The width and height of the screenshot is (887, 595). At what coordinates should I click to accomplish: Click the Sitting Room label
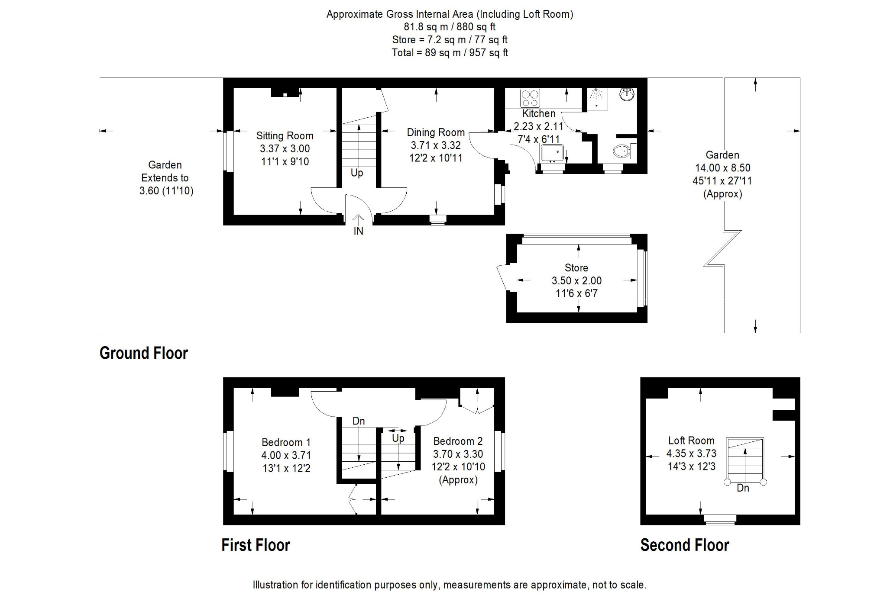[285, 135]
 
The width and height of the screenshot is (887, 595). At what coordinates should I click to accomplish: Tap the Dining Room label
[436, 132]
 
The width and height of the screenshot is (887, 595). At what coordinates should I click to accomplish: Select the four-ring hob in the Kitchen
[530, 98]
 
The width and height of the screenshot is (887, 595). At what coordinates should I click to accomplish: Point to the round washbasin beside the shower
[627, 94]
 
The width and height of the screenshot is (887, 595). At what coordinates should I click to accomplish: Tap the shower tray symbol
[597, 99]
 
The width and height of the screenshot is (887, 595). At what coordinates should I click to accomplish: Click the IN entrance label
[358, 231]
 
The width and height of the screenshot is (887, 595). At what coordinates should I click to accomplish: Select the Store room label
[576, 268]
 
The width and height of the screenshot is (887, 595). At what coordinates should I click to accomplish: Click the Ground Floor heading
[144, 353]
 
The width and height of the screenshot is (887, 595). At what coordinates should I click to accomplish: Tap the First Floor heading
[256, 545]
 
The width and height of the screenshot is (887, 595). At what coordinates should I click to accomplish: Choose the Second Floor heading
[685, 545]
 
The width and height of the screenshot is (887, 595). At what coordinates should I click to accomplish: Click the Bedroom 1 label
[286, 442]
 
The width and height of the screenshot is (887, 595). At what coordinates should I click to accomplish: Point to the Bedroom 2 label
[458, 441]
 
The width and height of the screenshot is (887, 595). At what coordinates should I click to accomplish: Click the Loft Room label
[691, 441]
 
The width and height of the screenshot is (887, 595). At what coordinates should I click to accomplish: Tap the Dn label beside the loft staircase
[743, 488]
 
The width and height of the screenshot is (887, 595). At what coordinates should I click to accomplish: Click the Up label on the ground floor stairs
[357, 173]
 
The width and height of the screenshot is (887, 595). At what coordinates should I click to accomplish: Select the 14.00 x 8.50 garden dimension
[722, 168]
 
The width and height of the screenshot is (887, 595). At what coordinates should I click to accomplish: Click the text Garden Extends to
[165, 171]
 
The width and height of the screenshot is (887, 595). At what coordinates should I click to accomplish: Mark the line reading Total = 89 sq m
[450, 53]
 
